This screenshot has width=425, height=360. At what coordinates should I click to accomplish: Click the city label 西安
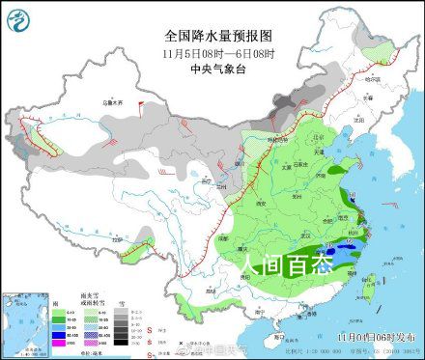[x=259, y=205]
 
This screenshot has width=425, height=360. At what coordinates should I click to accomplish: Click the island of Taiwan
[x=365, y=283]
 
